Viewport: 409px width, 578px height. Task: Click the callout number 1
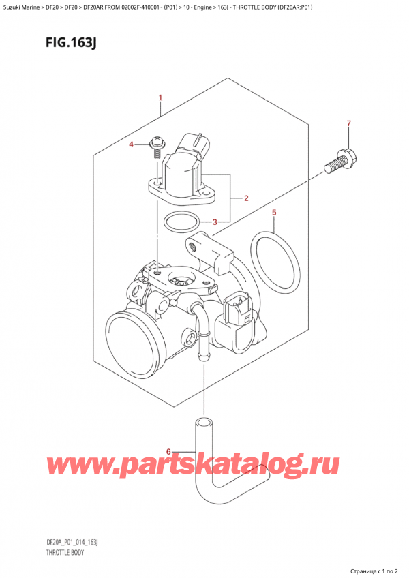pos(160,98)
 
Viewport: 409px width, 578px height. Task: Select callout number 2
pos(245,198)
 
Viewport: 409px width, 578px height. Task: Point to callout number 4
pos(132,144)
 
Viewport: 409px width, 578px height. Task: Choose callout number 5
pos(274,213)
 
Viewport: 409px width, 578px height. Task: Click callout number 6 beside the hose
pos(168,451)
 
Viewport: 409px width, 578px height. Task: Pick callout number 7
pos(348,123)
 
